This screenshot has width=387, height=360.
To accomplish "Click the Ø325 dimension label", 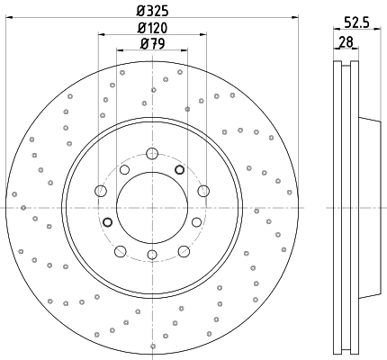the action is coord(152,11).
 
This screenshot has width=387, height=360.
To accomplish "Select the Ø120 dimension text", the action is coord(152,28).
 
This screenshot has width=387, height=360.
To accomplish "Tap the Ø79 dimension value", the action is coord(153,44).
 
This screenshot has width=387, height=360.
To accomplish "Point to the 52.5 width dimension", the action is coord(357,22).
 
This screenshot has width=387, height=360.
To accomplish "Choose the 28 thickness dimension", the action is coord(346,41).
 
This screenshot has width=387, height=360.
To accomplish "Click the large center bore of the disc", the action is coord(152,208).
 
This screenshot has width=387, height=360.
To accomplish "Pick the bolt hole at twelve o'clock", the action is coord(152,154).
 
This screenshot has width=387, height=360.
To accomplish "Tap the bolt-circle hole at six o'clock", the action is coord(152,255).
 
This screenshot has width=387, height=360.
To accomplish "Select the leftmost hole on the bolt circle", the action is coord(101,191).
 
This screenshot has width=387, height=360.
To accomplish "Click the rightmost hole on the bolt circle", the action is coord(203,191).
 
